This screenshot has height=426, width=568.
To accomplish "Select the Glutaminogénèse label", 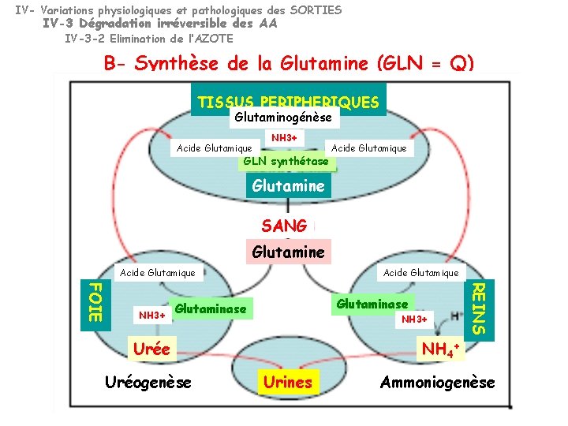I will point(285,118).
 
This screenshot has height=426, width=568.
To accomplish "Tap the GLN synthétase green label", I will point(286,162).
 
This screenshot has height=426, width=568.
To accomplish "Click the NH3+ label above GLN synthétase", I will point(284,138).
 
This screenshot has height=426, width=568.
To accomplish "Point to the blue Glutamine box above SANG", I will point(287,186).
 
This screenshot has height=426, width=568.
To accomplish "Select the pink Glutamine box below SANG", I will point(288,252).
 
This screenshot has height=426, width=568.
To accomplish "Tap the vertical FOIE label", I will point(93,300).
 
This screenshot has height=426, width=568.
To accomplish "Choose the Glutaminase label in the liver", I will point(211,309).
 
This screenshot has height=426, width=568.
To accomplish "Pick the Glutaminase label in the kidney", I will point(372,304).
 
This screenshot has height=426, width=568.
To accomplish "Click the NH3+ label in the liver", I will point(152,316).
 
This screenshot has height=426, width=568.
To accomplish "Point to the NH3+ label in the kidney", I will point(414,319).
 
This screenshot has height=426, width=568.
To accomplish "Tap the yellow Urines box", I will point(288,383).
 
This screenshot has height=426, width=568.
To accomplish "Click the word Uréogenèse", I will point(148,383).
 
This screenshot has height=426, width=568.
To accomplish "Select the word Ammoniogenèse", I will point(438,383).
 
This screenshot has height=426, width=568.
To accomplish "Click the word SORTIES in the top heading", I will point(316,10).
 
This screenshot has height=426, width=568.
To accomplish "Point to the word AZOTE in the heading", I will point(214,38).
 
